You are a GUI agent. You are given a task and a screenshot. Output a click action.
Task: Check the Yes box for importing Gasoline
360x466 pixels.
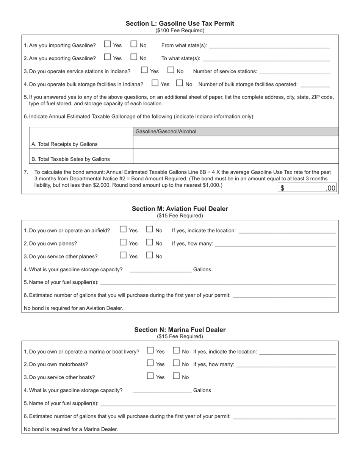[107, 44]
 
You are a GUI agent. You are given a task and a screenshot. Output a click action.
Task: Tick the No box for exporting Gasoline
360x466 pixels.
[134, 57]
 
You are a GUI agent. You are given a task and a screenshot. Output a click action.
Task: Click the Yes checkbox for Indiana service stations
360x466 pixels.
[144, 70]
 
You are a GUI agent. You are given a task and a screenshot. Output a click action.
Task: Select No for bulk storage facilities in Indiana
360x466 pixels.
[180, 83]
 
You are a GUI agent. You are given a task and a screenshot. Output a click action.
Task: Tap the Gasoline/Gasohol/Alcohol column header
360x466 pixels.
[236, 131]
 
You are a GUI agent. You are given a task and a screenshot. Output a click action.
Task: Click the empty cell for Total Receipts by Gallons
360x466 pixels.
[236, 143]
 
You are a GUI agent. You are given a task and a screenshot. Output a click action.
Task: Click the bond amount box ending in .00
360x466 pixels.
[307, 188]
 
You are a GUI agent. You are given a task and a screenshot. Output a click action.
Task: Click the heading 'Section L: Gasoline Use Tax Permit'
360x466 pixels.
[180, 23]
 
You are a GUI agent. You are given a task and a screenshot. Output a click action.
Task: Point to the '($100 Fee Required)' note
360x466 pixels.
[180, 30]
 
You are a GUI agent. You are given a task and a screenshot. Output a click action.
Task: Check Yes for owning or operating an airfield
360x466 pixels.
[123, 230]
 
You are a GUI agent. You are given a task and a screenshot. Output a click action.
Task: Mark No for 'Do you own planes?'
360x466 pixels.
[150, 242]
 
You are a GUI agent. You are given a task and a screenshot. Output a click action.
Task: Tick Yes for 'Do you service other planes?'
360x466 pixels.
[123, 255]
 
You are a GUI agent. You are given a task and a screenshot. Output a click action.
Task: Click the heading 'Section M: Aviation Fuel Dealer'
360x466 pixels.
[180, 209]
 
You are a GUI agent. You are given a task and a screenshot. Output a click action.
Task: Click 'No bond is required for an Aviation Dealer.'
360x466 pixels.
[74, 308]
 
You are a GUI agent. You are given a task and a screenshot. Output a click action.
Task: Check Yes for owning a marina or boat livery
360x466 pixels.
[150, 350]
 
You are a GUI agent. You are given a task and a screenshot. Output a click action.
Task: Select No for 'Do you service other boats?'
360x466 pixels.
[176, 376]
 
